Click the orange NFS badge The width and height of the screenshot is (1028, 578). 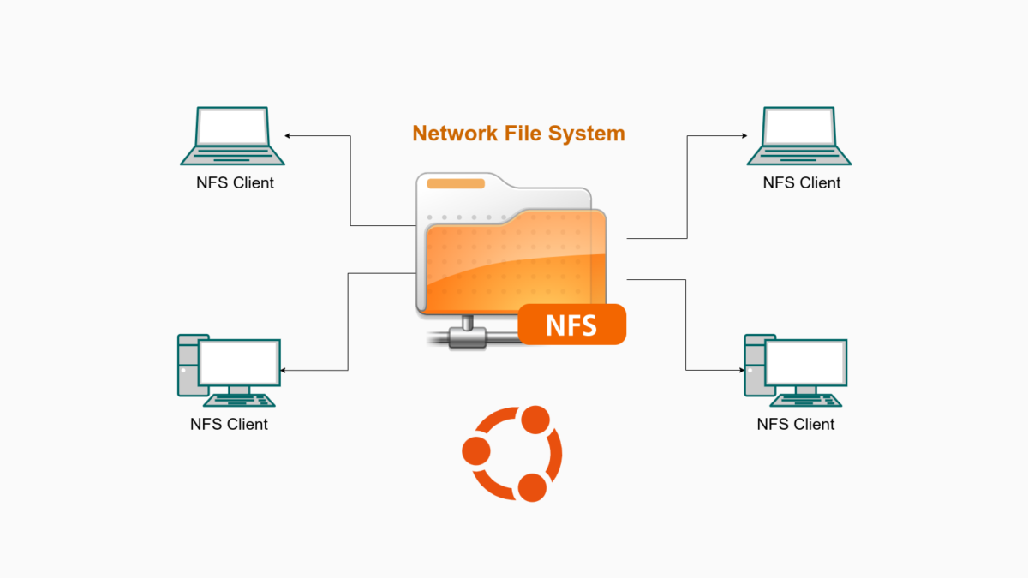click(x=572, y=325)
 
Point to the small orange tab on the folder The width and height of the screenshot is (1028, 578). click(x=456, y=183)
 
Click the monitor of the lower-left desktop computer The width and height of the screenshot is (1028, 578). click(x=240, y=361)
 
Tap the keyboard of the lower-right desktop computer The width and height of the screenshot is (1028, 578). click(x=806, y=399)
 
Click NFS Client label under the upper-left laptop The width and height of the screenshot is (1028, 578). click(x=235, y=182)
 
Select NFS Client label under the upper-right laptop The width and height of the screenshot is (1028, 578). click(x=802, y=182)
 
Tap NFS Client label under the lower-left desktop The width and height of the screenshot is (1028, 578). click(x=229, y=424)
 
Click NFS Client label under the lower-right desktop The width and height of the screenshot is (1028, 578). click(x=796, y=424)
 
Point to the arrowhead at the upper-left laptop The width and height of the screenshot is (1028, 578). click(x=289, y=135)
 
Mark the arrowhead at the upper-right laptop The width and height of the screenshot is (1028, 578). click(x=743, y=135)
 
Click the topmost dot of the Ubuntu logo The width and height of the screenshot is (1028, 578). click(x=535, y=420)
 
